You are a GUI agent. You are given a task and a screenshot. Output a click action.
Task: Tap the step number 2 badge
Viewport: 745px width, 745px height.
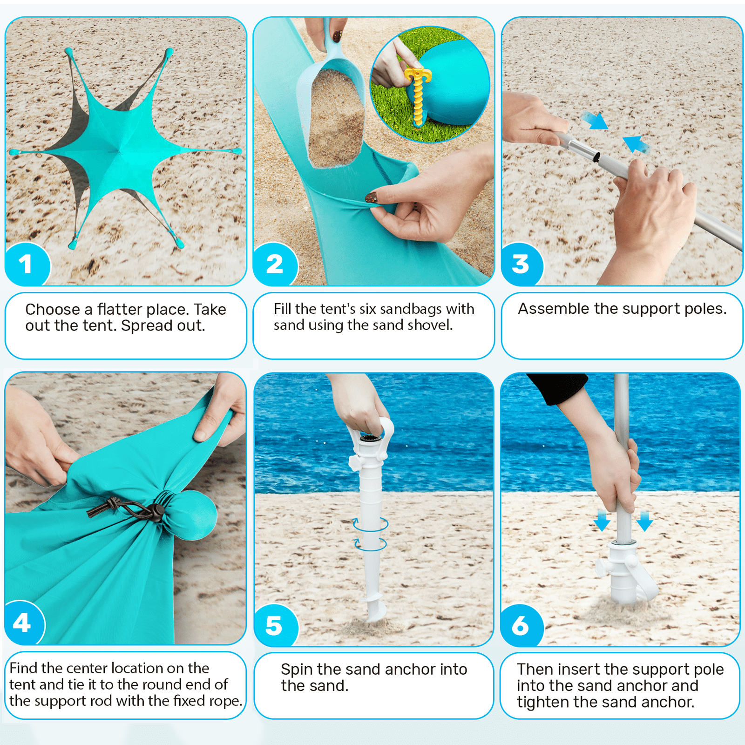coord(275,264)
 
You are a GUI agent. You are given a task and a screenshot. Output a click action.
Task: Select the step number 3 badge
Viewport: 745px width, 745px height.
coord(521,264)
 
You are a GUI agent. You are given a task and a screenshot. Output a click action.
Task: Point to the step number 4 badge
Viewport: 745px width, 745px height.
coord(23,623)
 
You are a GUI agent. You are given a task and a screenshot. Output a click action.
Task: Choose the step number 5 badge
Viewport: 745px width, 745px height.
coord(275,625)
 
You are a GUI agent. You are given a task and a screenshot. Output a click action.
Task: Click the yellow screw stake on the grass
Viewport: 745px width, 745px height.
coord(418,93)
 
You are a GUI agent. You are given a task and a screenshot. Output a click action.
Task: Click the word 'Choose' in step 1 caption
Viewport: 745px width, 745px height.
coord(52,310)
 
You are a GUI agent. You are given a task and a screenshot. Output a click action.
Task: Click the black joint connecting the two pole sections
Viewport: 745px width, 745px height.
coord(596,157)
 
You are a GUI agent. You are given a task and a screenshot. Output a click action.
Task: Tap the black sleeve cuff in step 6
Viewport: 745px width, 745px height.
coord(556,387)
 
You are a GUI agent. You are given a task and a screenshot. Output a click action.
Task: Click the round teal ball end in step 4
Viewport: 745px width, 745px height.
coord(196,515)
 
